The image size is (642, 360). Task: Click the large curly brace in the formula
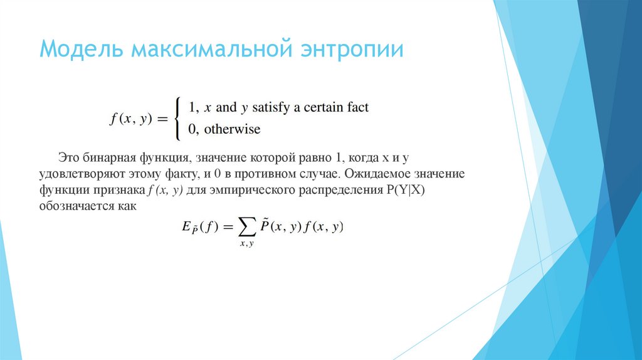(179, 118)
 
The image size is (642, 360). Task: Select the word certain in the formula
(327, 107)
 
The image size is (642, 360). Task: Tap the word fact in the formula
(359, 107)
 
